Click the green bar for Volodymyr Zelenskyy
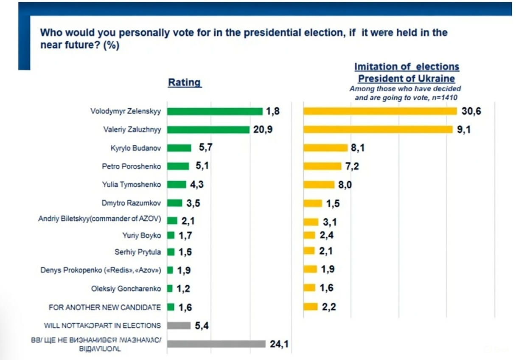tap(215, 111)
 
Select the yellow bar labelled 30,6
tap(380, 111)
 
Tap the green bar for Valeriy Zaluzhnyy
tap(208, 129)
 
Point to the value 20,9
tap(263, 129)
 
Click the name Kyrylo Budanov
tap(135, 148)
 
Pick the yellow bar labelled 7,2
tap(322, 166)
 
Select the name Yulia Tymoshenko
tap(132, 185)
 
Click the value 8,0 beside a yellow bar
tap(345, 185)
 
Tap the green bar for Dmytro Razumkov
tap(175, 203)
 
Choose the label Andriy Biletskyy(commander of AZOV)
tap(100, 219)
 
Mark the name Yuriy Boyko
tap(142, 235)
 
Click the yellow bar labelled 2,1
tap(309, 251)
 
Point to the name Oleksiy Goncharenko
tap(126, 289)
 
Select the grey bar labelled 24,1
tap(216, 344)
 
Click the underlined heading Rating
tap(185, 82)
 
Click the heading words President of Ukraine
tap(406, 79)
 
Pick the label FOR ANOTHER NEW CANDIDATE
tap(105, 307)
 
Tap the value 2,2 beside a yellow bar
tap(328, 307)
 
